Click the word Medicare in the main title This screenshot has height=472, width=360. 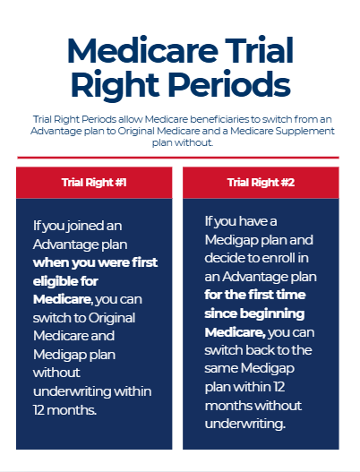[142, 50]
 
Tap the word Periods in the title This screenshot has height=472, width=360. [229, 83]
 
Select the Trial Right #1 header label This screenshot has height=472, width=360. [94, 183]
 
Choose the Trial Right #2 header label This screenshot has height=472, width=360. [261, 183]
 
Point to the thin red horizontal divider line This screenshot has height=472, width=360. [178, 158]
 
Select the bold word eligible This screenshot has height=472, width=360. [51, 281]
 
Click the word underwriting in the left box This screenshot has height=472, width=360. [72, 391]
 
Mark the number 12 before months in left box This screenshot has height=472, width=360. [39, 410]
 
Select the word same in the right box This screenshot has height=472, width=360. [220, 368]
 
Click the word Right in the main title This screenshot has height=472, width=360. [115, 85]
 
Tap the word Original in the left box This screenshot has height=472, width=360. [112, 319]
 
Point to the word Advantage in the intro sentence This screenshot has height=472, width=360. [52, 132]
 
